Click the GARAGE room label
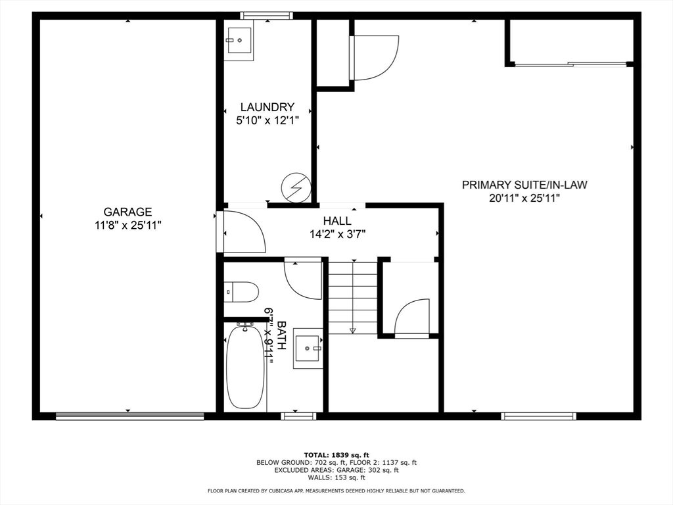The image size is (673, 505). click(128, 212)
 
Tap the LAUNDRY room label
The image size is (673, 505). click(267, 107)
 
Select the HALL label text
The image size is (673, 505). click(337, 221)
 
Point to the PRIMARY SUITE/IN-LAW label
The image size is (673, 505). click(524, 185)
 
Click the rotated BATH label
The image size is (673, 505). click(281, 335)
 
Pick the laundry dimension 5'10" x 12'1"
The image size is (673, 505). click(267, 120)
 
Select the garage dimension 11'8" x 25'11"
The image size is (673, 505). click(128, 225)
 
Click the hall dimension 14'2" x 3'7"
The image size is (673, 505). click(337, 235)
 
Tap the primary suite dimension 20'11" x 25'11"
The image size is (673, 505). click(524, 199)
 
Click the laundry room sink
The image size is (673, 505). click(239, 40)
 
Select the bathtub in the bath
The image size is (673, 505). click(245, 368)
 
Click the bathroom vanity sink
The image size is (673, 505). click(308, 349)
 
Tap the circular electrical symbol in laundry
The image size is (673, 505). click(296, 187)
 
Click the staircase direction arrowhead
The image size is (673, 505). click(353, 330)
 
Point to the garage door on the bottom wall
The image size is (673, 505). click(129, 416)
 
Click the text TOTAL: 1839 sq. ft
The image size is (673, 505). click(336, 455)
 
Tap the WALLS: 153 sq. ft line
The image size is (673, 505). click(336, 477)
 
